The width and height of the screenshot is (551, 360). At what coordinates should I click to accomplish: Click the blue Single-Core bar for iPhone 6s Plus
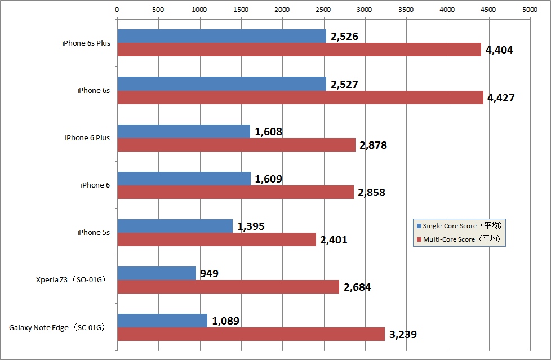tap(221, 36)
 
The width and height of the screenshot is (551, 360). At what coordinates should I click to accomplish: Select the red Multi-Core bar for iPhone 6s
tap(300, 97)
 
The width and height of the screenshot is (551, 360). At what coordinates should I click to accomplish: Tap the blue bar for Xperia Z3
tap(157, 273)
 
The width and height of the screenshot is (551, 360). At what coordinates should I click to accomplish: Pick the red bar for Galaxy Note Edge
tap(251, 334)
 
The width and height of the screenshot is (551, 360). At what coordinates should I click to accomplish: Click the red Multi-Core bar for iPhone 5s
tap(216, 239)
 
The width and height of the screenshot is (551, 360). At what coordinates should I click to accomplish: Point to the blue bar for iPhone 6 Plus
tap(183, 131)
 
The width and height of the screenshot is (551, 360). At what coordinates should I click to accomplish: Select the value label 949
tap(208, 274)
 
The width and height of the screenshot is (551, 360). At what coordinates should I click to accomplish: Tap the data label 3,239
tap(402, 335)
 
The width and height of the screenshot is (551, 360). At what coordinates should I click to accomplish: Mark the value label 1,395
tap(251, 226)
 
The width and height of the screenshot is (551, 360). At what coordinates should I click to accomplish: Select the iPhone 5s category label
tap(93, 233)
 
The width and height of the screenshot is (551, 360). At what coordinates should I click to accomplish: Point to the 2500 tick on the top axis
tap(323, 9)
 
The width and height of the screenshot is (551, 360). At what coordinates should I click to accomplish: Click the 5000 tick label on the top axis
tap(530, 9)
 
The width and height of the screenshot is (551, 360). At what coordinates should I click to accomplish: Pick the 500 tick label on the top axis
tap(158, 9)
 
